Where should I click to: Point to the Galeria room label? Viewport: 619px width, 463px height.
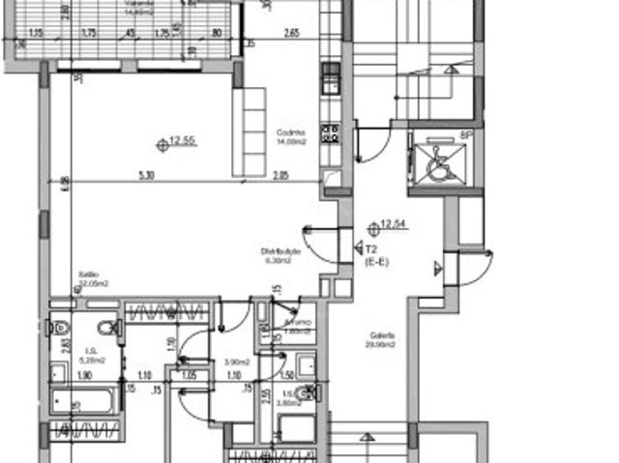tap(379, 341)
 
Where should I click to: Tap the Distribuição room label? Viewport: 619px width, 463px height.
tap(280, 255)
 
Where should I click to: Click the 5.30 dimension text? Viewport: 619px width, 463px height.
tap(146, 175)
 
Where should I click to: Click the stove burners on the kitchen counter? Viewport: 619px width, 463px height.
tap(331, 131)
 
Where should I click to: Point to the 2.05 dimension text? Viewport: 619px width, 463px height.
tap(280, 175)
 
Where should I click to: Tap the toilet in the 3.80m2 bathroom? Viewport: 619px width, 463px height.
tap(307, 392)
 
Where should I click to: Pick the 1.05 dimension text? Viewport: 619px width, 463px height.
tap(190, 373)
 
